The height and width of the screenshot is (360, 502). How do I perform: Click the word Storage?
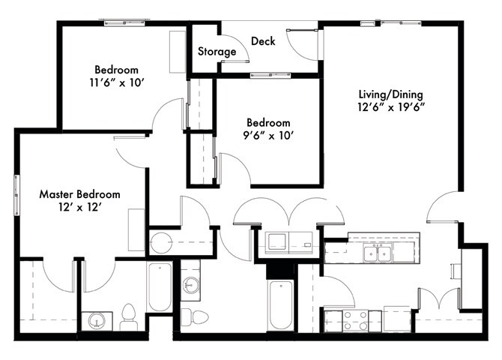[x=217, y=52]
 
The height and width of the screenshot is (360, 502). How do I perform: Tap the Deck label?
[x=263, y=41]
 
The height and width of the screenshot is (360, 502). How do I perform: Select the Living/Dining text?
[x=390, y=94]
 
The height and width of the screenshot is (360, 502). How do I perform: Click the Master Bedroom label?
[x=79, y=194]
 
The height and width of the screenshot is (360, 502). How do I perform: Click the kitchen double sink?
[x=378, y=253]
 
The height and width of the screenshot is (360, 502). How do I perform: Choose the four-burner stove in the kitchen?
[x=355, y=320]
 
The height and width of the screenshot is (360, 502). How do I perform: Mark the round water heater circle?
[x=161, y=243]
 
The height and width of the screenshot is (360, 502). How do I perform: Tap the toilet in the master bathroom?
[x=128, y=316]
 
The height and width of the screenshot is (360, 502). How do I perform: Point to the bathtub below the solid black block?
[x=282, y=304]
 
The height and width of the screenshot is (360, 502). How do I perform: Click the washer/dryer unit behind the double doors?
[x=288, y=243]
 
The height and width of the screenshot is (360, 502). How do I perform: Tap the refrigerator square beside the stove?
[x=396, y=318]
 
